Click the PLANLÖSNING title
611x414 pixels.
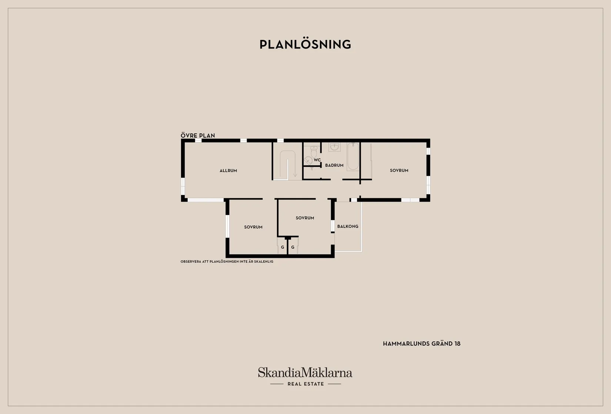(x=305, y=44)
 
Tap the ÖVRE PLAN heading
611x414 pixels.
(x=198, y=135)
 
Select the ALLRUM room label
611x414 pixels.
(x=228, y=171)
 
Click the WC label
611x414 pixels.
(x=317, y=160)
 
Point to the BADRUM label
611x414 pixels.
(x=334, y=165)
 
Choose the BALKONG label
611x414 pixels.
(x=348, y=226)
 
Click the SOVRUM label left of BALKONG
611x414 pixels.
(x=305, y=218)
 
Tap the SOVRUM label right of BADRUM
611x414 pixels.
(x=399, y=170)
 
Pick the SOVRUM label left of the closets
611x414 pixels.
(x=253, y=227)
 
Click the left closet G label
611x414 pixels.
(x=283, y=247)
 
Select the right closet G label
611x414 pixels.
(x=293, y=247)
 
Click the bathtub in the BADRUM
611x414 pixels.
(x=353, y=157)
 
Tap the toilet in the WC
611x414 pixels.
(x=314, y=152)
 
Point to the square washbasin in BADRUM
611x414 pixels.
(x=334, y=147)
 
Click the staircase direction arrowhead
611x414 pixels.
(x=295, y=175)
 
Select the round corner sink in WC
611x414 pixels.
(x=308, y=161)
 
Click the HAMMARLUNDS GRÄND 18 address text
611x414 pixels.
(x=422, y=344)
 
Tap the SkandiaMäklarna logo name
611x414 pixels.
(x=305, y=372)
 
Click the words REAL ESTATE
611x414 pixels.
(x=306, y=384)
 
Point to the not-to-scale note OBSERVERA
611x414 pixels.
(x=227, y=261)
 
